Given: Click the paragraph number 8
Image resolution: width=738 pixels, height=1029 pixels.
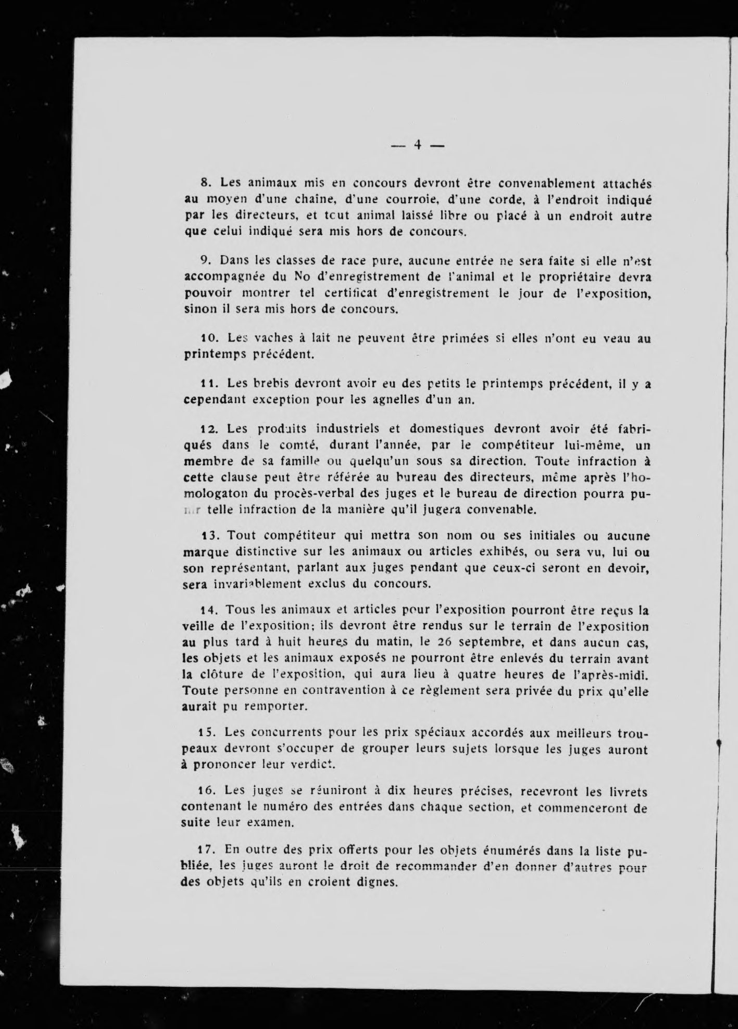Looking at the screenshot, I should coord(205,183).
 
